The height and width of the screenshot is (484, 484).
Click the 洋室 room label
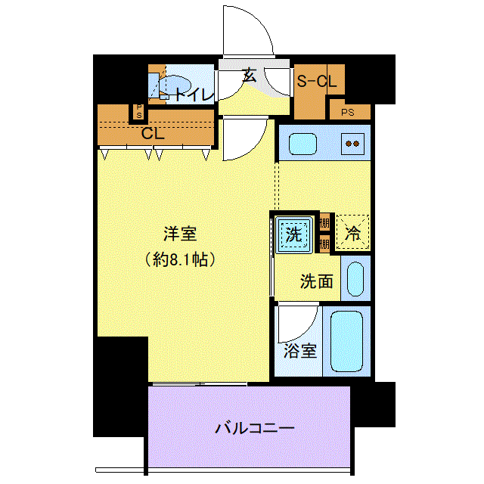(180, 234)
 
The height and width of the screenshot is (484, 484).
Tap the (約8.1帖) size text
(180, 259)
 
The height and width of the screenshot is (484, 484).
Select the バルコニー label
(255, 428)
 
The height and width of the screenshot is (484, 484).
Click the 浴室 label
(300, 351)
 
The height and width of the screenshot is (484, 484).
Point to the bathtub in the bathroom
(346, 341)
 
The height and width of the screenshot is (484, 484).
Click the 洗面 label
(317, 281)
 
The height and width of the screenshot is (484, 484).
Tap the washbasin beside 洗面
(355, 279)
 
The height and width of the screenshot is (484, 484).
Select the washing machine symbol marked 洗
(293, 234)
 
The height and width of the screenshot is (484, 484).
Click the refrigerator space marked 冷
(352, 232)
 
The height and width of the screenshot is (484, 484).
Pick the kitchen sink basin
(302, 144)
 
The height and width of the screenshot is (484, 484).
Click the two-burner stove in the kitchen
(352, 144)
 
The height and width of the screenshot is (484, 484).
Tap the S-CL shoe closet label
(317, 82)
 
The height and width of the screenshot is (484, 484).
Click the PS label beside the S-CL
(348, 113)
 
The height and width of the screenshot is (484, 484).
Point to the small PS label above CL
(139, 111)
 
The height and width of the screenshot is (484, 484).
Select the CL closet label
(153, 134)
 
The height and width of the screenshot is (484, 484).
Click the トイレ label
(194, 95)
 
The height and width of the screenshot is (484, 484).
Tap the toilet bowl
(175, 85)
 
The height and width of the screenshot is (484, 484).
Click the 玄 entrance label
(249, 76)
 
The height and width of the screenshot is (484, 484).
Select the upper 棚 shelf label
(324, 222)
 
